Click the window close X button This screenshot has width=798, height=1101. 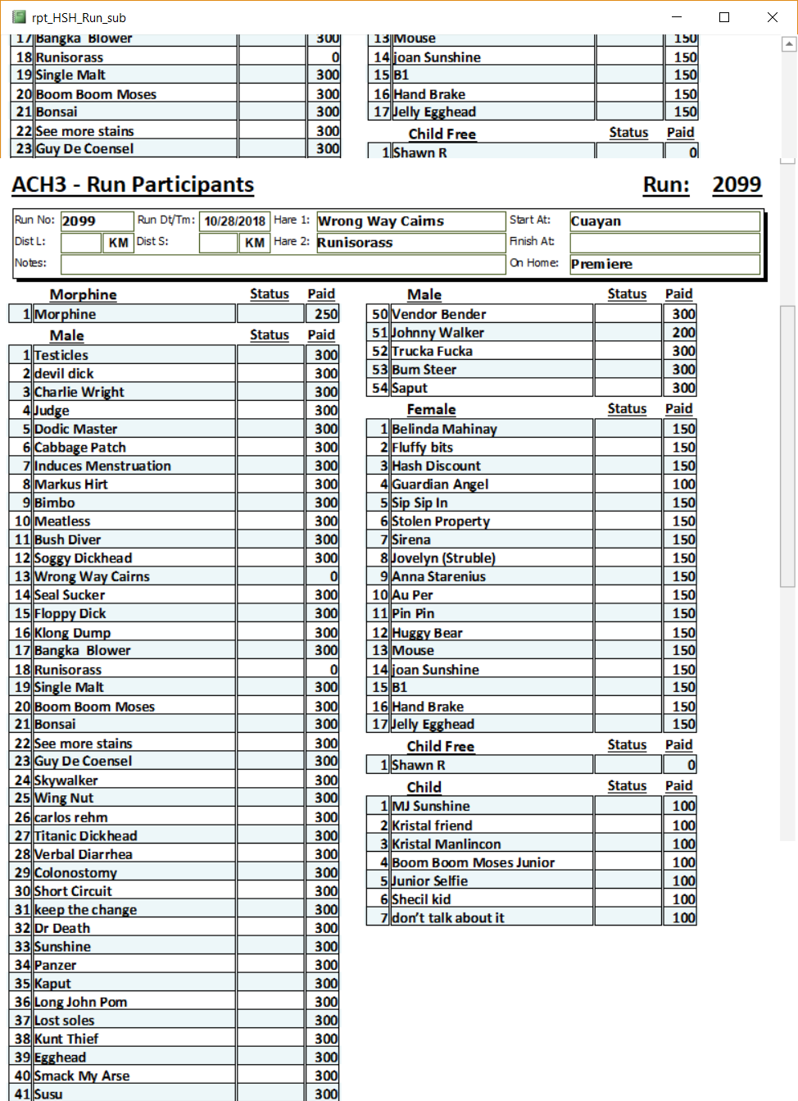(x=772, y=17)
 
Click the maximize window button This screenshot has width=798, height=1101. (x=724, y=17)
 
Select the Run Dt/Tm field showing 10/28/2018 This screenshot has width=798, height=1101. (x=234, y=221)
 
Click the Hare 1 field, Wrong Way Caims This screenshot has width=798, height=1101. (x=410, y=221)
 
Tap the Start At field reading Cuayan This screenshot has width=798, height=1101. (x=664, y=221)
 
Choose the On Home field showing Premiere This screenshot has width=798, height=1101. (x=664, y=264)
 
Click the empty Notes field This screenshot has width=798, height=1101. (x=283, y=264)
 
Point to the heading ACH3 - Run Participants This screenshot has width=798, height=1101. (x=133, y=185)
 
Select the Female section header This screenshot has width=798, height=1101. (x=431, y=410)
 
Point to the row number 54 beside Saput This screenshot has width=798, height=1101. (x=379, y=388)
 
